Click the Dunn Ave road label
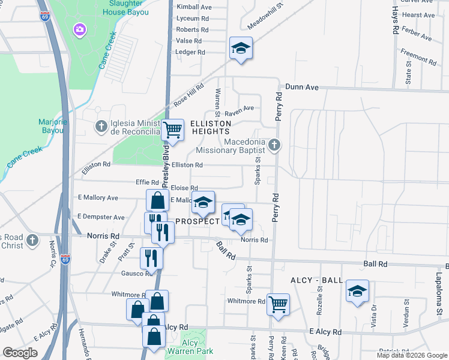301,87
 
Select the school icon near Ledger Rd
241,49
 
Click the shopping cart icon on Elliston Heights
173,130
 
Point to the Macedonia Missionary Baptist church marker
274,144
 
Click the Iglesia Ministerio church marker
101,125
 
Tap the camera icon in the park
79,29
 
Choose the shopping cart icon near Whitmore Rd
278,305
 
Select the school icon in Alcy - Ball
358,292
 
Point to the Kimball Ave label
194,7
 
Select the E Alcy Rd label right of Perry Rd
325,332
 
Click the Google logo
20,353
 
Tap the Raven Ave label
239,109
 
